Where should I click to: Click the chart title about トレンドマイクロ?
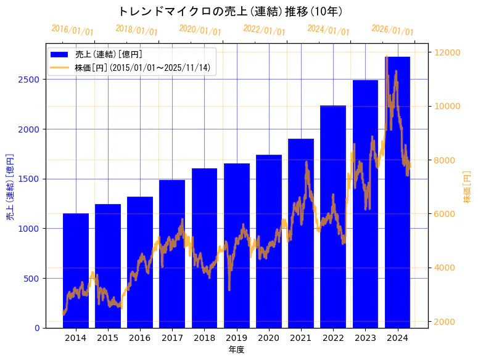coord(230,11)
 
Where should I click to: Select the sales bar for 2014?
coord(76,271)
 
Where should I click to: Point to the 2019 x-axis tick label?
coord(236,338)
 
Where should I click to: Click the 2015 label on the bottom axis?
coord(108,338)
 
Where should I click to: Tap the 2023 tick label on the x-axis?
coord(365,338)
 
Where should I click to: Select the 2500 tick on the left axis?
coord(31,80)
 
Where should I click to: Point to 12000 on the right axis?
coord(447,52)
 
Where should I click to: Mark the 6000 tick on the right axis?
coord(445,214)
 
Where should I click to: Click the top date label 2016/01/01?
coord(72,30)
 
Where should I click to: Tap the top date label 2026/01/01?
coord(393,30)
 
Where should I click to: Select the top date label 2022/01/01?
coord(265,30)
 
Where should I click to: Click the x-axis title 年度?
coord(236,350)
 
